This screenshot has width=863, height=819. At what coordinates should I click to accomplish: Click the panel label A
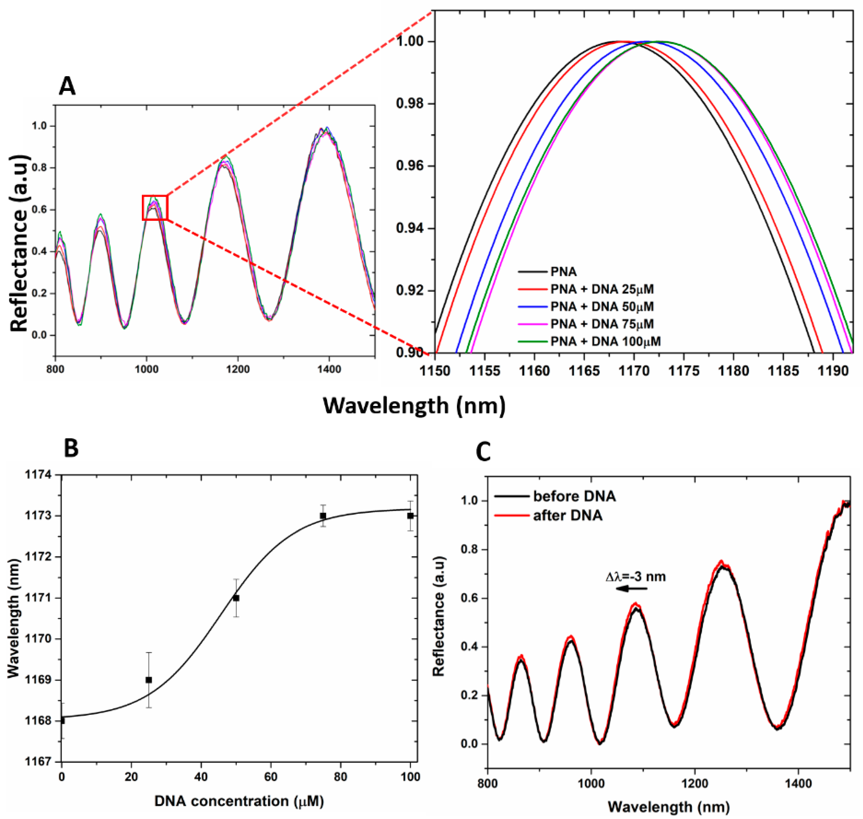pos(67,86)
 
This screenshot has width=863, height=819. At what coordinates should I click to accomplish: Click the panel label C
pos(483,452)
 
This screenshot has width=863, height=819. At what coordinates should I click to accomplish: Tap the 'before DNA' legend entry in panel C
pos(574,496)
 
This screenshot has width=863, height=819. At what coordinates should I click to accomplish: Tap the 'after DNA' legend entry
pos(568,516)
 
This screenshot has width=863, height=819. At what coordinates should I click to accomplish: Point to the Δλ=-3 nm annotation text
pos(636,577)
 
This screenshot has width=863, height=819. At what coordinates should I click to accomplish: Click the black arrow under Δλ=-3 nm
pos(632,589)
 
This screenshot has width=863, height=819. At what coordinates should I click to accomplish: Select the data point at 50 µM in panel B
pos(236,598)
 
